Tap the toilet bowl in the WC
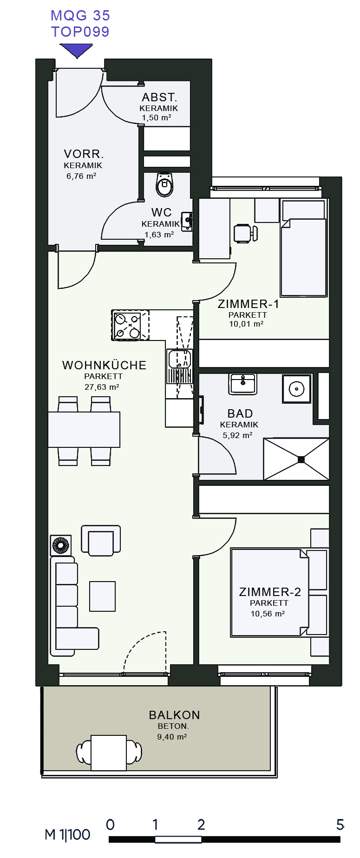point(164,184)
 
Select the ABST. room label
point(159,98)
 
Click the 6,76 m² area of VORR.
point(81,176)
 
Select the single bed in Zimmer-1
point(304,248)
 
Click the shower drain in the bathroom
point(301,459)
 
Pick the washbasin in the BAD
point(242,384)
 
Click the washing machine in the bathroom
point(297,388)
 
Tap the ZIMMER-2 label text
point(270,592)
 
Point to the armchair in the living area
point(101,541)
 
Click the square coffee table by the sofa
point(102,596)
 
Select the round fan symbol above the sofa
point(61,545)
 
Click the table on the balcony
point(109,753)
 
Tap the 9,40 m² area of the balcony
point(172,737)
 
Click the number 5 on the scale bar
point(340,824)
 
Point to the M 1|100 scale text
point(67,835)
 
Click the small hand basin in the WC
point(187,221)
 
